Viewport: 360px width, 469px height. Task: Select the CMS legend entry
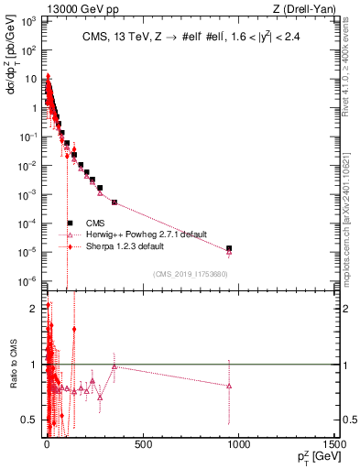point(96,223)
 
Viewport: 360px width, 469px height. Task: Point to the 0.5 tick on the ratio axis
point(34,420)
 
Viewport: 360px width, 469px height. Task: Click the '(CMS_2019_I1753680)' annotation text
point(191,273)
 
